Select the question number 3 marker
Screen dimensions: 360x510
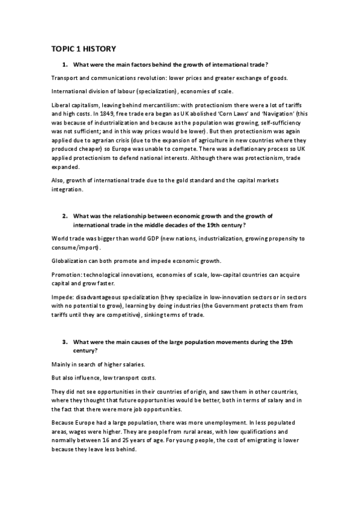coord(64,342)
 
